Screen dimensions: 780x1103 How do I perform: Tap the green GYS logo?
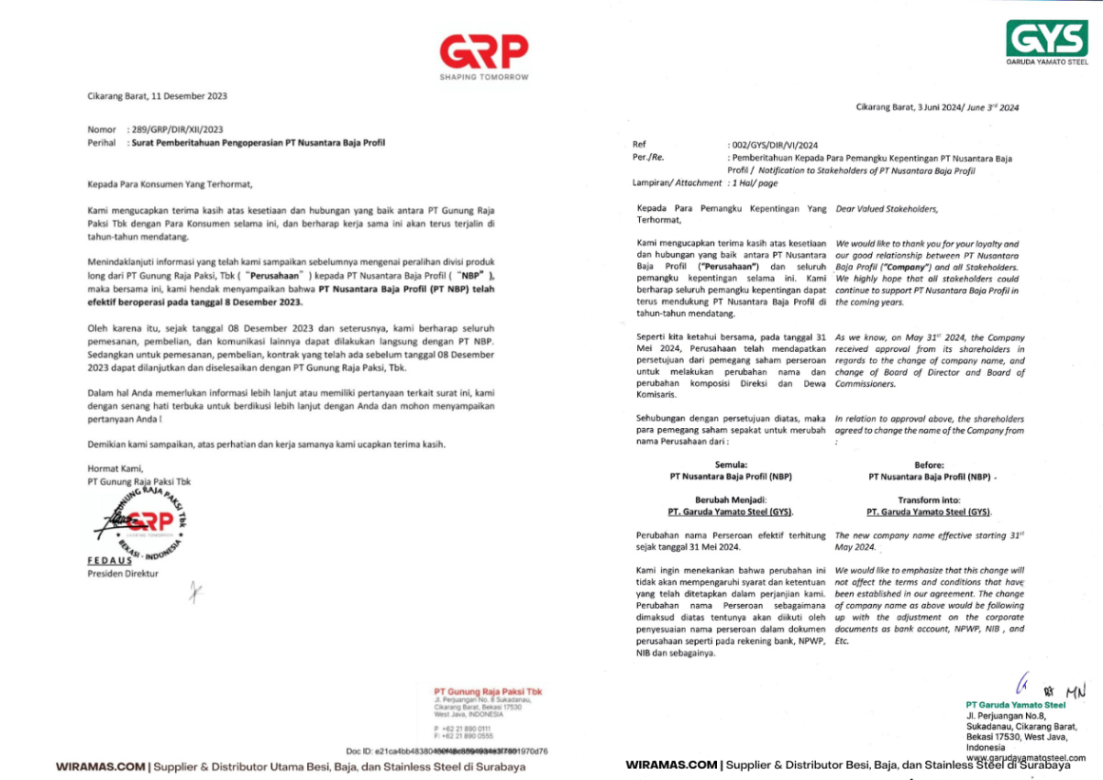tap(1047, 39)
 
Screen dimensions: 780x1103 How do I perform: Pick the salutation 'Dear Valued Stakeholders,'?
tap(885, 208)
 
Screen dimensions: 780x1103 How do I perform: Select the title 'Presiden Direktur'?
tap(123, 574)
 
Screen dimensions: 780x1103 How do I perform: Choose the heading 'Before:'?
tap(928, 463)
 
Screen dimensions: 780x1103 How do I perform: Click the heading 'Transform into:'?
tap(928, 499)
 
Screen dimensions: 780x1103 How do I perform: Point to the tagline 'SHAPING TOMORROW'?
tap(484, 77)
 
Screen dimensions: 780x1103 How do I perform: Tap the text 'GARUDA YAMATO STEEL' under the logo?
tap(1047, 61)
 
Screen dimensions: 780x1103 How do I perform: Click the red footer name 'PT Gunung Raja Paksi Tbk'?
tap(487, 692)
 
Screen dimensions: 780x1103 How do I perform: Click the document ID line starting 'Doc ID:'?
tap(447, 751)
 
